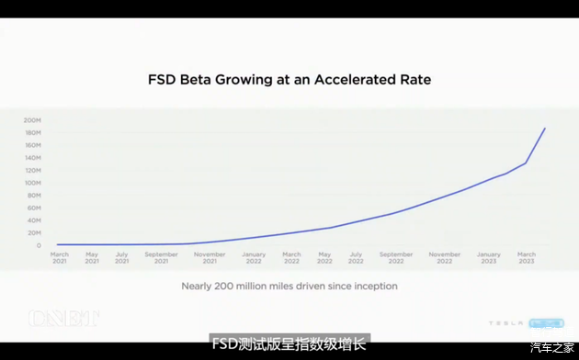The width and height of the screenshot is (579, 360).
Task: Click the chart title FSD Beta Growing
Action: (x=289, y=80)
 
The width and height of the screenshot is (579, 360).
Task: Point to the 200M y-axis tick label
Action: (x=33, y=120)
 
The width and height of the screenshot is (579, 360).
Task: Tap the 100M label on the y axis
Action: (x=33, y=183)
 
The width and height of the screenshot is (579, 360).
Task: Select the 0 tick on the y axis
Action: (x=39, y=245)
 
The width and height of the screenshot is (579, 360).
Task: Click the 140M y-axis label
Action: (x=33, y=158)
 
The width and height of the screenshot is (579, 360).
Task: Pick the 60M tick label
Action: (x=34, y=208)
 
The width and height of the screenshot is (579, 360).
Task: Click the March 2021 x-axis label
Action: (x=60, y=257)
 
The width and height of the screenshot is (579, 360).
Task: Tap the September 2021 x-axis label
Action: (x=161, y=257)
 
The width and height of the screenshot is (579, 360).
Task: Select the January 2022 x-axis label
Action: (x=254, y=257)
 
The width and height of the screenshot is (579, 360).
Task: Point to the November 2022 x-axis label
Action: (x=444, y=257)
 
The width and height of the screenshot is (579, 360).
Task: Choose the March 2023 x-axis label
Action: (x=526, y=257)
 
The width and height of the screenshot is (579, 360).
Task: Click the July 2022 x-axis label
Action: (x=356, y=257)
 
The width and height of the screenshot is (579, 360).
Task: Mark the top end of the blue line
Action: (x=545, y=129)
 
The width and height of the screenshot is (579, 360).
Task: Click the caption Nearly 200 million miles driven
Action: (x=289, y=286)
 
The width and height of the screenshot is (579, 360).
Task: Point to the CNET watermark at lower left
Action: (x=63, y=319)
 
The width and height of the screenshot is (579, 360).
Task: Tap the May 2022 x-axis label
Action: (x=324, y=257)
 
